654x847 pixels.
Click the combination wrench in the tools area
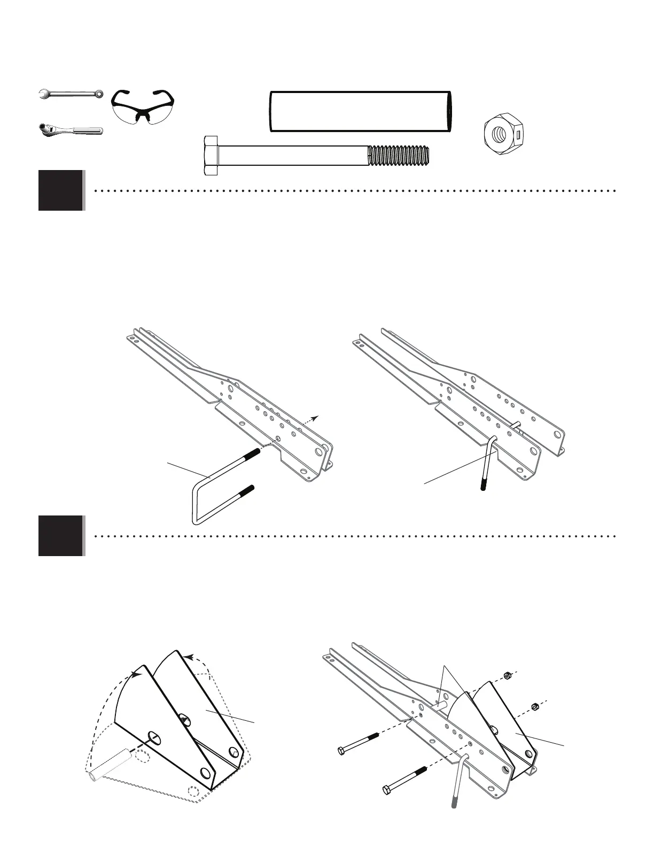(x=71, y=95)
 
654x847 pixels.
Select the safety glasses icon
(x=143, y=107)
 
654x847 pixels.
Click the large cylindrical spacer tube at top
(x=361, y=111)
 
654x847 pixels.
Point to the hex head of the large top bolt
(x=211, y=156)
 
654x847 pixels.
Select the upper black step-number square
(x=61, y=190)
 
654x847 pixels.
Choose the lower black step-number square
(x=61, y=535)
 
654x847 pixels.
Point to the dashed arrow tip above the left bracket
(x=317, y=417)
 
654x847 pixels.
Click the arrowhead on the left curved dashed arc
(x=138, y=675)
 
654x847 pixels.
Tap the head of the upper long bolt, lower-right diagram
(x=342, y=750)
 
